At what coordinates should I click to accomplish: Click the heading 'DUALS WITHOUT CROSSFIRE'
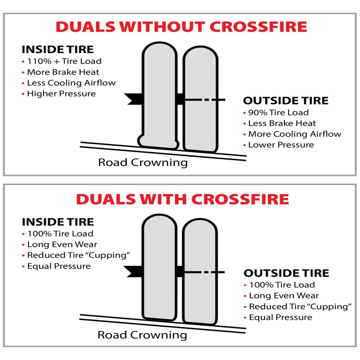point(181,27)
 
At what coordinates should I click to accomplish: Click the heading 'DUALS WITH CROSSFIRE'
point(182,199)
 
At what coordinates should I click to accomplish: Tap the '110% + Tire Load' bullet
point(64,61)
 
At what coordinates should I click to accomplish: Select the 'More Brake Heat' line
point(63,72)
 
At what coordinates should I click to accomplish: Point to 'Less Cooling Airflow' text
point(71,83)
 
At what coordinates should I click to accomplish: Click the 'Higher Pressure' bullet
point(61,94)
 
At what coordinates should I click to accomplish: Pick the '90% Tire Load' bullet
point(278,112)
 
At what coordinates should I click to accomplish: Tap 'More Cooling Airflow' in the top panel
point(294,134)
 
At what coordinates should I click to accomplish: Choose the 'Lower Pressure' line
point(281,145)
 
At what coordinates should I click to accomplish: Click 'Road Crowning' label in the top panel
point(143,162)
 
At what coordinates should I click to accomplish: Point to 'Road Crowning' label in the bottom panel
point(142,335)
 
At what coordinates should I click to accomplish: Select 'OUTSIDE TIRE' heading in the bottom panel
point(286,273)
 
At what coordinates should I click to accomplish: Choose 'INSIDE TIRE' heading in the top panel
point(58,49)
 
